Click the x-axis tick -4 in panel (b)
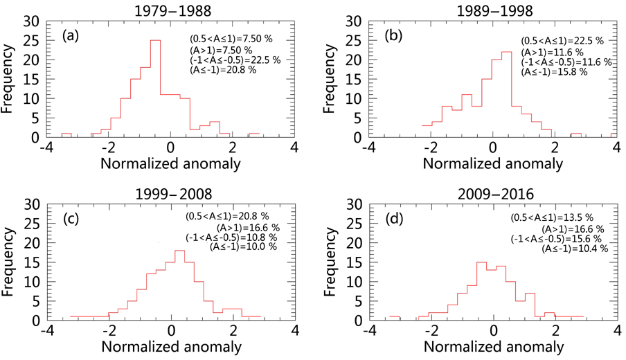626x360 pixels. coord(368,147)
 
